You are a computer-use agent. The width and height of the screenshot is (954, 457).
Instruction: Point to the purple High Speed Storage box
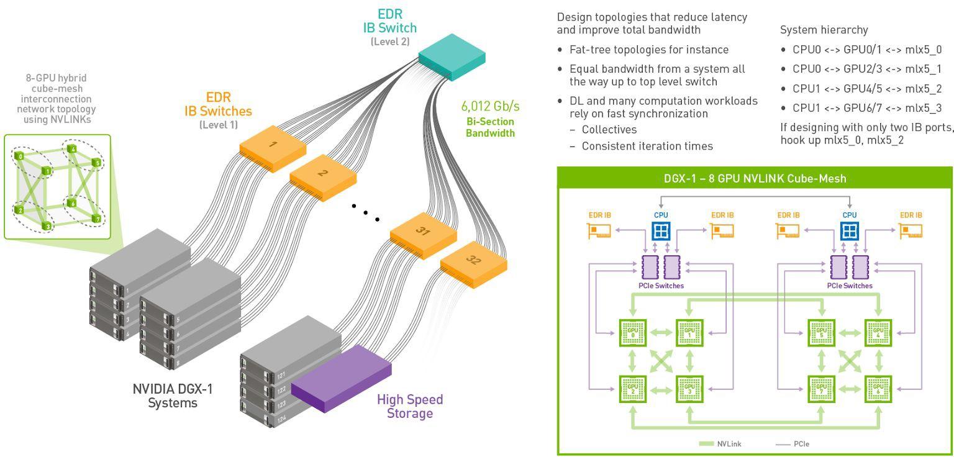[x=341, y=378]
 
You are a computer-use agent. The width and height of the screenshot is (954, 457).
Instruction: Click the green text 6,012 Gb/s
[x=490, y=106]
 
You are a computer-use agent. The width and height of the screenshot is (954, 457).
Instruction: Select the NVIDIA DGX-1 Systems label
[x=173, y=396]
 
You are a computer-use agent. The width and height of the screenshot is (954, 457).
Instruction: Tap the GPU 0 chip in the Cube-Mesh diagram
[x=633, y=333]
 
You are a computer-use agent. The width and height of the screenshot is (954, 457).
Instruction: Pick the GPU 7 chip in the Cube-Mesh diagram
[x=821, y=389]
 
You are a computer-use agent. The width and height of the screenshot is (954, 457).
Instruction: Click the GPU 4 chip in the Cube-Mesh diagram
[x=878, y=333]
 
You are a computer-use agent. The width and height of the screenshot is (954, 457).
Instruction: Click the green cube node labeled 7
[x=96, y=218]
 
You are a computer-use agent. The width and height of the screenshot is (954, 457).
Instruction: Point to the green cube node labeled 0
[x=20, y=156]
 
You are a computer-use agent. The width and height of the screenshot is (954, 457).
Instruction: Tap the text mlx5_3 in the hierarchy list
[x=923, y=108]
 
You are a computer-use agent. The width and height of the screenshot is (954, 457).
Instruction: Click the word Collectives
[x=609, y=130]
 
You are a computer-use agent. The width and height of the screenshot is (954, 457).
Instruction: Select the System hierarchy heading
[x=824, y=30]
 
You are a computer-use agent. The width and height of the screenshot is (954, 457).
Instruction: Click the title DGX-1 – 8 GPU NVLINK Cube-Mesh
[x=755, y=179]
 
